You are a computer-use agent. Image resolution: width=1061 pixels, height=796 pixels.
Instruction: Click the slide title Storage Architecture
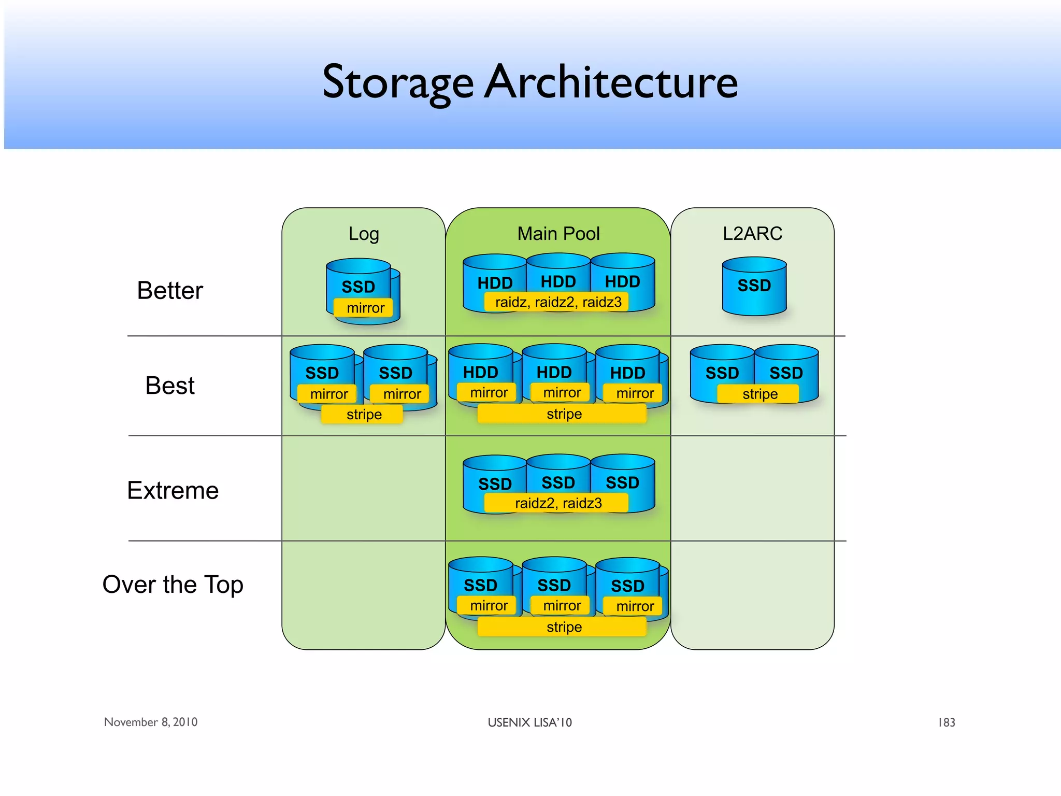530,82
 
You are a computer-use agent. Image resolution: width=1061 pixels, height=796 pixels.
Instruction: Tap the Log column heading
364,234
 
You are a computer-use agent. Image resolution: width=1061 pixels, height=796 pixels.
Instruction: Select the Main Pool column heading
558,234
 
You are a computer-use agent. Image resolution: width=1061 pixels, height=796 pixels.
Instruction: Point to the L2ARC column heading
752,234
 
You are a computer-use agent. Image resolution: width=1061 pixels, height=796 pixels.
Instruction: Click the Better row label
170,290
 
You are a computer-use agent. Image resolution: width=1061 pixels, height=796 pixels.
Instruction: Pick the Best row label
170,386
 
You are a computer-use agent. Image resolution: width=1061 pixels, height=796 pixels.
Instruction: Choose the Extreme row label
173,490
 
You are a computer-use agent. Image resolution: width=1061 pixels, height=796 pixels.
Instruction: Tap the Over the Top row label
173,585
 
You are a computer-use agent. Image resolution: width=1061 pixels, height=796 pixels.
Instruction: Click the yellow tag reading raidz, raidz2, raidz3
558,302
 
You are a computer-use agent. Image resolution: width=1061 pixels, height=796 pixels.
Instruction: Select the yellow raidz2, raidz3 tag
558,503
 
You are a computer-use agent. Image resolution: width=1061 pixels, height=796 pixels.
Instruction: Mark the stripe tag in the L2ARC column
759,394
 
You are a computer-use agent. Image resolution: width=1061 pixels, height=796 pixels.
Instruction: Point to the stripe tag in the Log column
364,414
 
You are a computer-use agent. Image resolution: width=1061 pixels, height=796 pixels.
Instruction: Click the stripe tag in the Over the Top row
564,627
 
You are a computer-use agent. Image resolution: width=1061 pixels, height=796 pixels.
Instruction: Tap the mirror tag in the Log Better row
365,308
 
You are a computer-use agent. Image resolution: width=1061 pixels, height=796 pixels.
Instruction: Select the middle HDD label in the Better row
558,281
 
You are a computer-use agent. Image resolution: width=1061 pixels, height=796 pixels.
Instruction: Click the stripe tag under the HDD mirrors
564,414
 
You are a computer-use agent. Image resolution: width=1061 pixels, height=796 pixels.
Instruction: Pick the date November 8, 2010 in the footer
151,722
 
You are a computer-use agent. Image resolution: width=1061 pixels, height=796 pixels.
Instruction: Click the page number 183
947,722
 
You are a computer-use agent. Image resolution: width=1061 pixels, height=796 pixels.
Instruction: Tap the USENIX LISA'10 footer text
529,722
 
